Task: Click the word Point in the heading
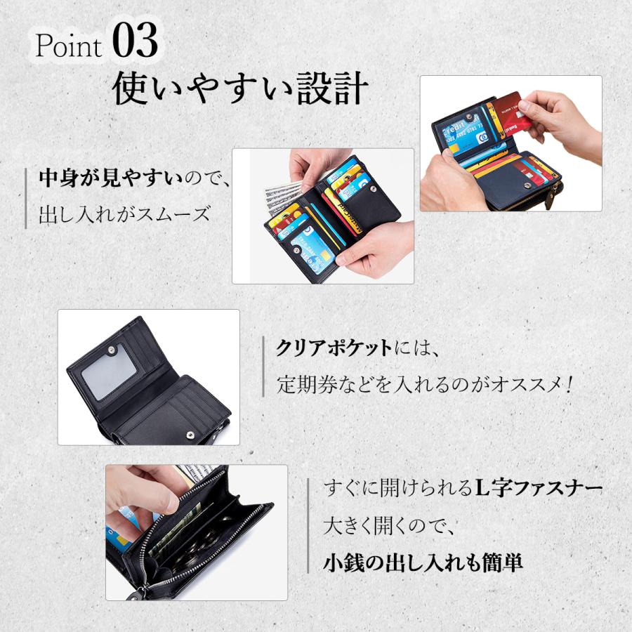pos(68,46)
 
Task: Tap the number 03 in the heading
pos(135,42)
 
